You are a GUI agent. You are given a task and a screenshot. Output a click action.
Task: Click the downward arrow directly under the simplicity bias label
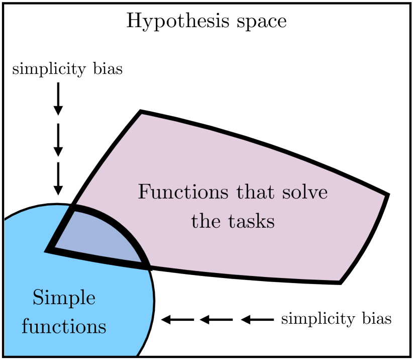click(58, 98)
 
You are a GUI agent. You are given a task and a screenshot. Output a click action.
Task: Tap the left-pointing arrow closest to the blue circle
click(177, 319)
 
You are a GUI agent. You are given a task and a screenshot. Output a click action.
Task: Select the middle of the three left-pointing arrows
click(217, 319)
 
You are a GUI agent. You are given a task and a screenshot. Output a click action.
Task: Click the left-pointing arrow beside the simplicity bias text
click(258, 319)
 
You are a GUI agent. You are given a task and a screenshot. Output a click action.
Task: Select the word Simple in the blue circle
click(64, 299)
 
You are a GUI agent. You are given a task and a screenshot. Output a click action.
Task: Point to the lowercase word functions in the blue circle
click(64, 327)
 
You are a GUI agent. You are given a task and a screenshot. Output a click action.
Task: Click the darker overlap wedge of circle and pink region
click(100, 236)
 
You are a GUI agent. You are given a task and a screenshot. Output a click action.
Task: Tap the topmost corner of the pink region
click(141, 111)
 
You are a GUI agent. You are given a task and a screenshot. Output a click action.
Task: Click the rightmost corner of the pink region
click(388, 195)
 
